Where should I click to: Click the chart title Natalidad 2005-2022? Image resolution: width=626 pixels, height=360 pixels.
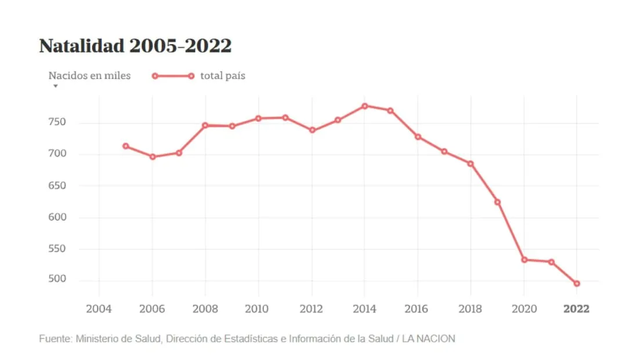(135, 46)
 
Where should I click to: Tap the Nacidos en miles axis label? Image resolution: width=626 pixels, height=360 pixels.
(89, 76)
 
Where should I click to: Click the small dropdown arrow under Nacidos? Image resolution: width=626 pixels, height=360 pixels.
(56, 86)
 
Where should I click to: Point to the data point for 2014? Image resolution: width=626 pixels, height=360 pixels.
(364, 106)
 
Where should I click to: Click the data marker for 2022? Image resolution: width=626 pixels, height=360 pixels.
(577, 283)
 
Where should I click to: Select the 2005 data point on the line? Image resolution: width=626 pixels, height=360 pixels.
(125, 146)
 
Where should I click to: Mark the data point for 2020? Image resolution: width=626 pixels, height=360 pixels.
(524, 260)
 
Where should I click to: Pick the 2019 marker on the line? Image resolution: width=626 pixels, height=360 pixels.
(497, 202)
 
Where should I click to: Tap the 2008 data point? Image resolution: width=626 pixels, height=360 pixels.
(205, 125)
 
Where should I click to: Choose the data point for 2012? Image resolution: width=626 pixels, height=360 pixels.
(312, 130)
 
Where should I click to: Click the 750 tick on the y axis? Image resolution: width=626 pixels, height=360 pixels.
(57, 122)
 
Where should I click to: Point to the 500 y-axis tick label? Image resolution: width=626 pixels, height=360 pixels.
(57, 280)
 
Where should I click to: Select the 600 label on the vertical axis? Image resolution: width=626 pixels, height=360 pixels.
(57, 217)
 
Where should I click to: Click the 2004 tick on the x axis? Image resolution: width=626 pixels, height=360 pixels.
(99, 309)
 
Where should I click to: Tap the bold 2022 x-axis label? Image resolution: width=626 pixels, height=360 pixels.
(576, 309)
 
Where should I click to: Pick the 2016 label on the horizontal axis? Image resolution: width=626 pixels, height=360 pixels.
(417, 309)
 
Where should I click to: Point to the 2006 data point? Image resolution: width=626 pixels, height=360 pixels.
(152, 157)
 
